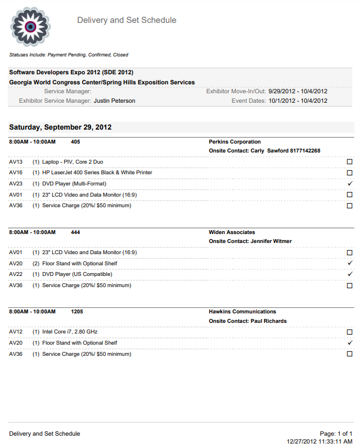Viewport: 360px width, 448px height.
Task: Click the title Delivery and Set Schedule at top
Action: click(x=126, y=20)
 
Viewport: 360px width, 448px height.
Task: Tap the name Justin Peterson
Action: click(x=114, y=101)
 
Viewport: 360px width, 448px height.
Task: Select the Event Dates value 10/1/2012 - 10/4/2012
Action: click(x=298, y=101)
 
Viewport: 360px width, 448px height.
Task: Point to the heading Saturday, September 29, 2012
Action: click(x=60, y=127)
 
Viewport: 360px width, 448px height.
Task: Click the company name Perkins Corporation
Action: click(x=235, y=142)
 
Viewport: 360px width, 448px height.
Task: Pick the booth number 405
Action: click(x=75, y=142)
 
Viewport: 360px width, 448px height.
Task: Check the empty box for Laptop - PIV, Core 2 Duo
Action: click(x=350, y=161)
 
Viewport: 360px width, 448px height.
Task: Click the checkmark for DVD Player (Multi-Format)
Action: click(x=350, y=184)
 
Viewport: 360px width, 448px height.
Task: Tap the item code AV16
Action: click(x=16, y=173)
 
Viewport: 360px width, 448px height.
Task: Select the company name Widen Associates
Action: click(x=232, y=232)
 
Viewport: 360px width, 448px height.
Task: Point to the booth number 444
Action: click(x=75, y=232)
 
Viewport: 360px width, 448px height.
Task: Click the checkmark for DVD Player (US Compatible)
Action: click(x=350, y=274)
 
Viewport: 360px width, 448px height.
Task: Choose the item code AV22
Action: click(x=16, y=274)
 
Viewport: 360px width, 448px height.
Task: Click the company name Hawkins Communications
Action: click(x=243, y=312)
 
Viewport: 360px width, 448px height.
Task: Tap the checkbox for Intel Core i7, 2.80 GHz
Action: click(x=350, y=332)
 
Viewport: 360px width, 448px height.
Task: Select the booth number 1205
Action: click(x=77, y=312)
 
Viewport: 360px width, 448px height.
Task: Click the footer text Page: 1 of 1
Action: click(x=336, y=433)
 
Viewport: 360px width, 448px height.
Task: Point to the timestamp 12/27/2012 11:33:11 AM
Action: click(x=320, y=441)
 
